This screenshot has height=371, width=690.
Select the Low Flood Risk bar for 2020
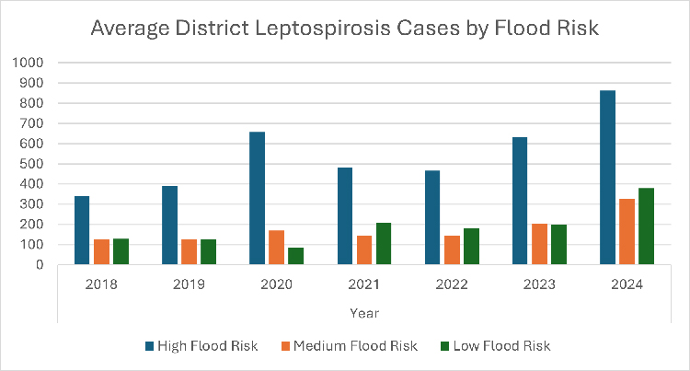point(295,256)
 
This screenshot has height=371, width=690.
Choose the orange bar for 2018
point(101,252)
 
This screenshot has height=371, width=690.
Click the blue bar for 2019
point(169,226)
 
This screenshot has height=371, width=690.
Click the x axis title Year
point(364,313)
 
